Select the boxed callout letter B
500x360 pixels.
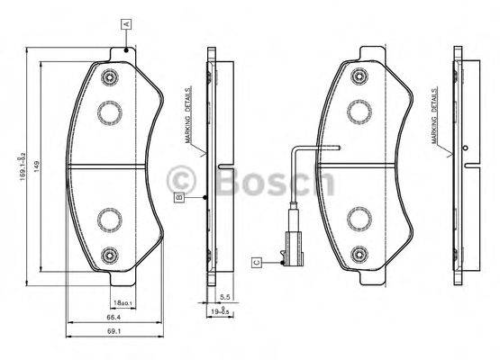point(180,196)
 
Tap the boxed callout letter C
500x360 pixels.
point(256,262)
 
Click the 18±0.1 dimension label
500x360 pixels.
point(123,302)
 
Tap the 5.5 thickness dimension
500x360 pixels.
point(224,296)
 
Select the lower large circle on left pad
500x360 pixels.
point(110,218)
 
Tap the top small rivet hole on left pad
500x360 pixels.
point(110,76)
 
